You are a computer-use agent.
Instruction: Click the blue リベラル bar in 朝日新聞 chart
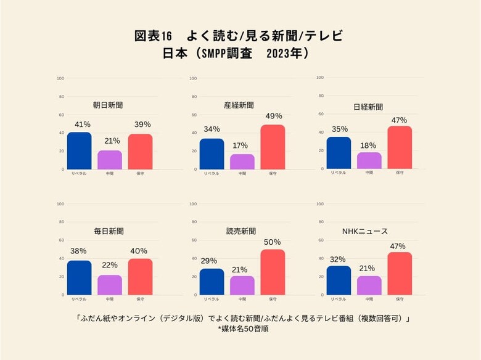point(79,150)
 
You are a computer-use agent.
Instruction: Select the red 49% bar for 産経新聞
point(273,147)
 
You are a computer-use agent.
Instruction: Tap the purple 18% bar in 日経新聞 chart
point(369,160)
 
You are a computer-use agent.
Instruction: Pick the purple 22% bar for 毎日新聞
point(110,285)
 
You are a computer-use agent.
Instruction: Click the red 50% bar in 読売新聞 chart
point(273,272)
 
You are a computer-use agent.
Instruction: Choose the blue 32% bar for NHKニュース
point(339,280)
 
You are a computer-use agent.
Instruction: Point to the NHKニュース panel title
point(365,231)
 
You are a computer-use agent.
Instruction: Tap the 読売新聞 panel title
point(241,231)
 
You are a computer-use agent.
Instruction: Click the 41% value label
point(82,125)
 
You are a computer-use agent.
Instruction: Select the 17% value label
point(240,145)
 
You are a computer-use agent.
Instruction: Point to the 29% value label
point(208,261)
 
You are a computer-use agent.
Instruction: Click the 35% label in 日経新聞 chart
point(340,129)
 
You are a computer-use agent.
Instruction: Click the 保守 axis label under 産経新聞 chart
point(273,173)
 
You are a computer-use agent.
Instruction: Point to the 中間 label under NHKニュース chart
point(369,299)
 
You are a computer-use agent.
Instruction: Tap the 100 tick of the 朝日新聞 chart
point(60,78)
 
